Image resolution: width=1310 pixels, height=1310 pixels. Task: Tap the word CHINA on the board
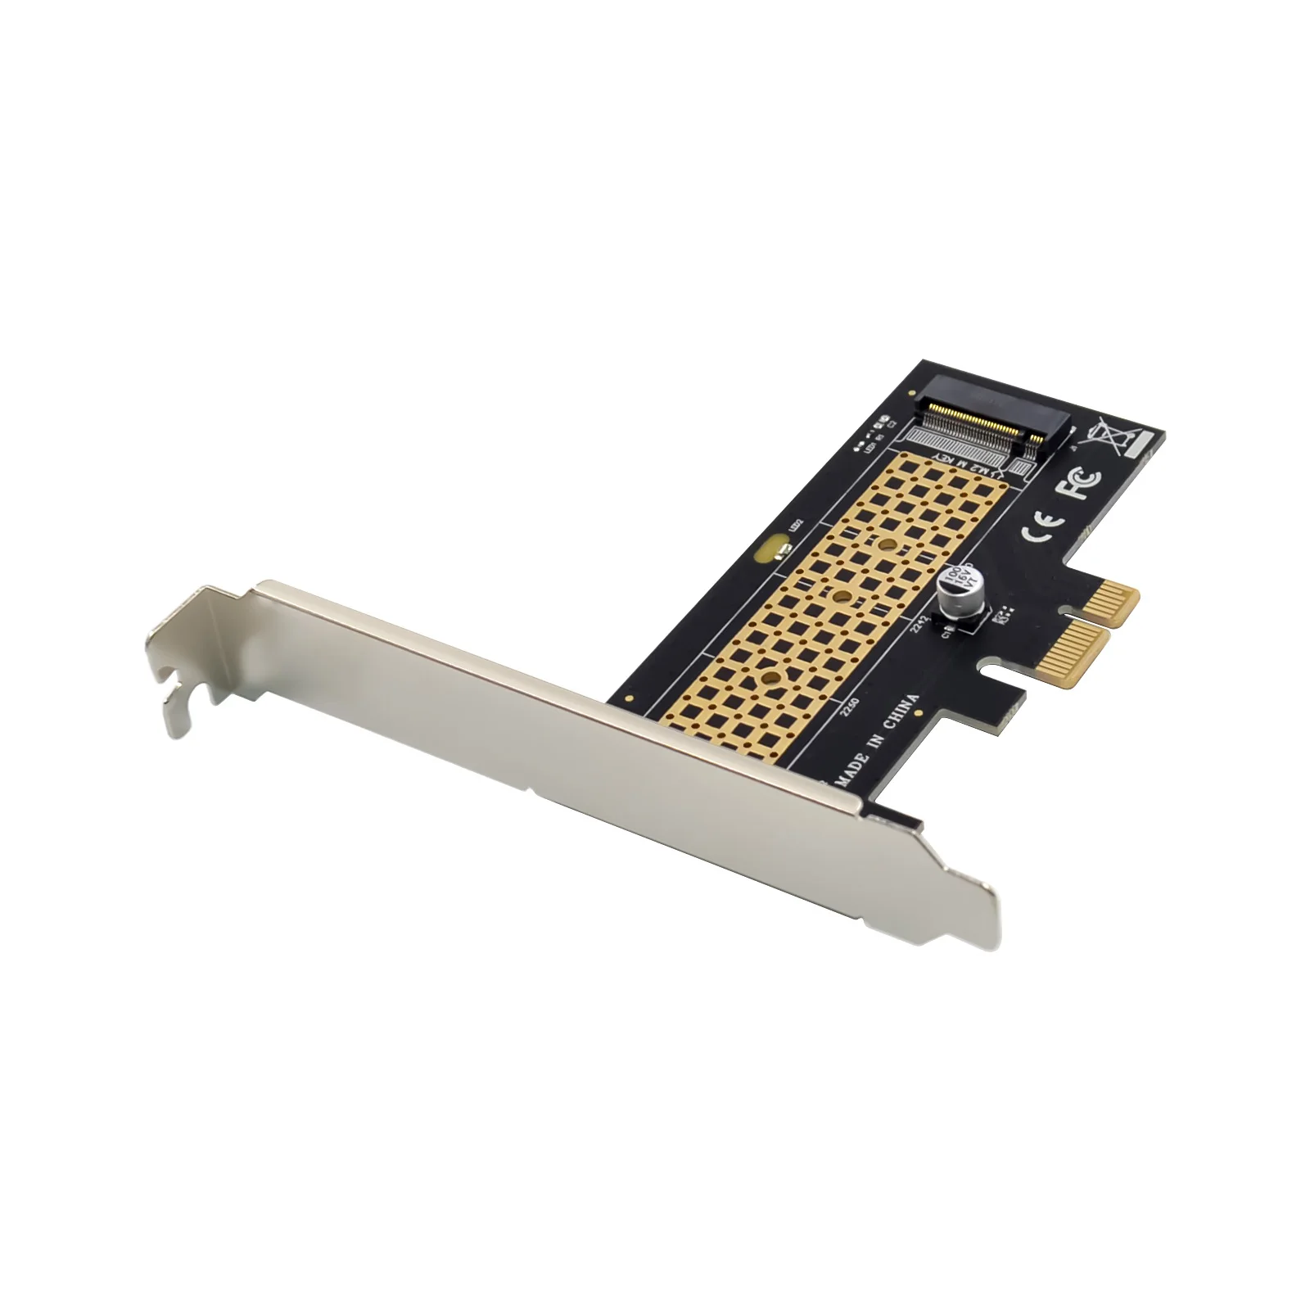(901, 713)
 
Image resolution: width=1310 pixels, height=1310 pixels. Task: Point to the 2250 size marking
(850, 706)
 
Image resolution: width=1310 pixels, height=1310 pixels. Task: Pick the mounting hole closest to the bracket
(769, 676)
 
